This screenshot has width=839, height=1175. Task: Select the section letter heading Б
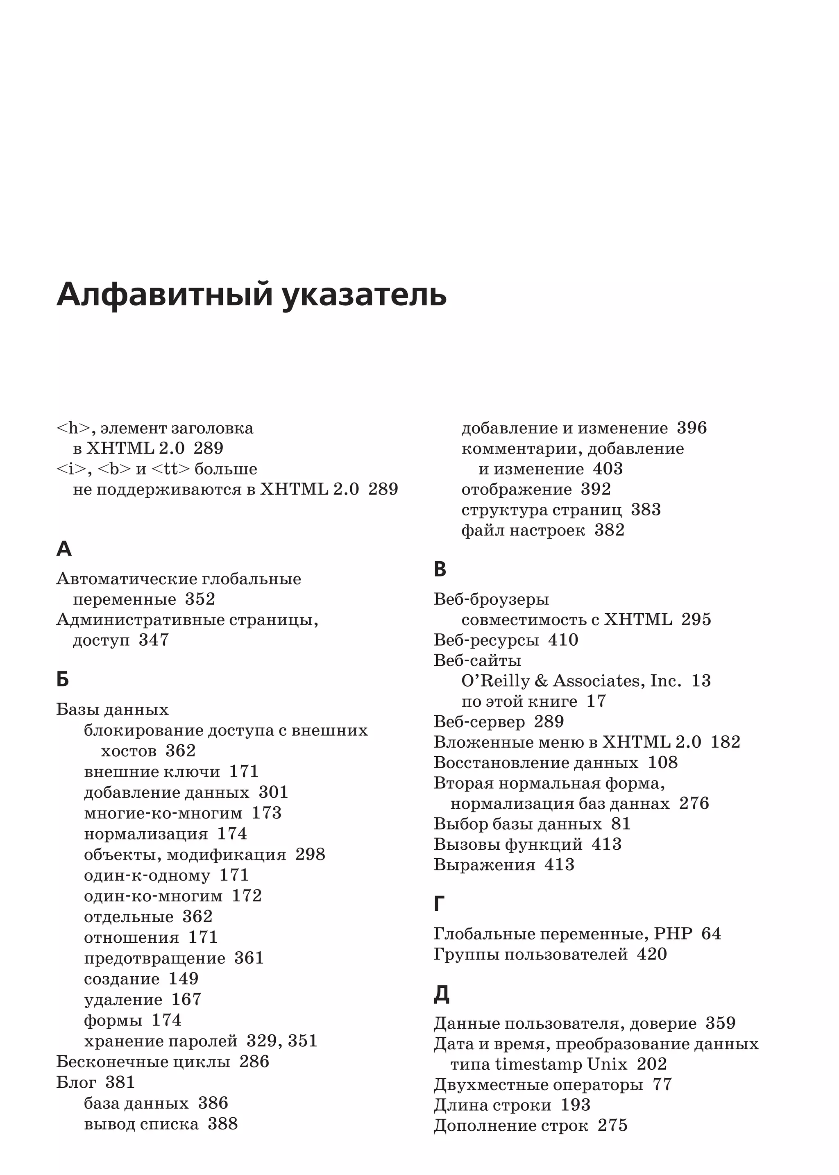(63, 679)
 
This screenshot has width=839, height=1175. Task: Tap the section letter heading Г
(439, 904)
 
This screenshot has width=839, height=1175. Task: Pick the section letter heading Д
(441, 994)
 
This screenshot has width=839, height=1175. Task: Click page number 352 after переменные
(200, 599)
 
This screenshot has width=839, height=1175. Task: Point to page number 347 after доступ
(154, 640)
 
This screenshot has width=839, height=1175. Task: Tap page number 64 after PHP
(711, 933)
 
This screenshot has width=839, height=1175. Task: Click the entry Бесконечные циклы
(143, 1062)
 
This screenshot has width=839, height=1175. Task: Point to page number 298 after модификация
(310, 854)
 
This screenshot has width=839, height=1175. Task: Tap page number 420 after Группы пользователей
(651, 954)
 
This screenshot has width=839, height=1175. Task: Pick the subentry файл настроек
(523, 530)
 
